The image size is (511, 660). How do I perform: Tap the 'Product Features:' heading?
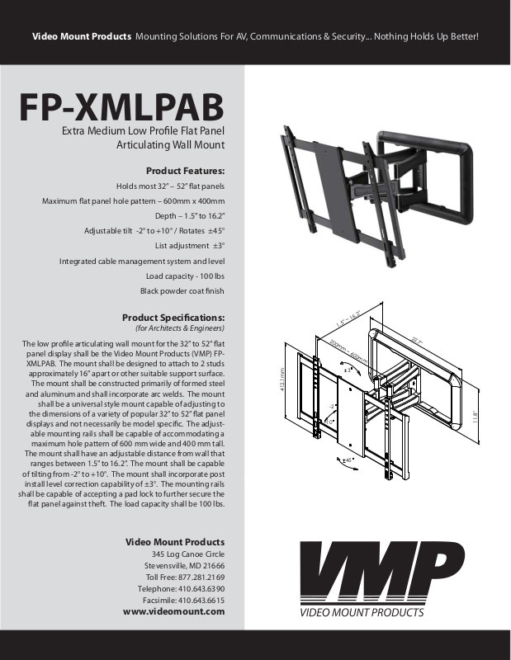pos(185,171)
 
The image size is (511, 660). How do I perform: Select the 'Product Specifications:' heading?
pos(173,318)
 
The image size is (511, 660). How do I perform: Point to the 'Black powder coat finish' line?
pos(182,290)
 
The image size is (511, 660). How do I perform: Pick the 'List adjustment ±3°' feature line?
pos(190,245)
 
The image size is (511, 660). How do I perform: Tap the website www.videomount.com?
pos(173,612)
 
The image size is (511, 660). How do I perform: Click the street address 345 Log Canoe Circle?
pos(188,554)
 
